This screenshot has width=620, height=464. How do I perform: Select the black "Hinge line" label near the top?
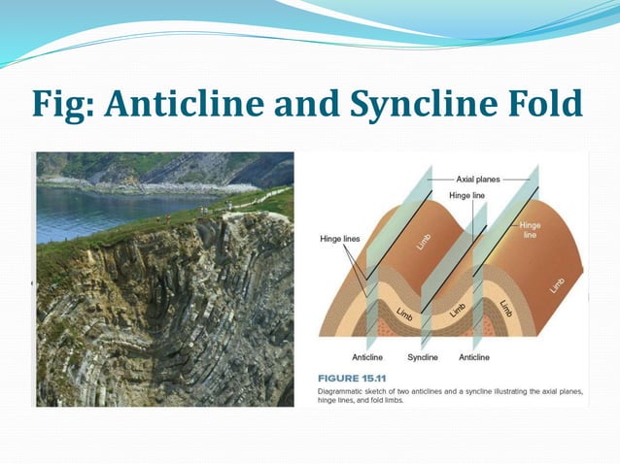pyautogui.click(x=469, y=195)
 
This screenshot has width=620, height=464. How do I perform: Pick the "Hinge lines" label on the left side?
pyautogui.click(x=340, y=238)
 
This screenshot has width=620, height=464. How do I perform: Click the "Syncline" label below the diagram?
pyautogui.click(x=422, y=357)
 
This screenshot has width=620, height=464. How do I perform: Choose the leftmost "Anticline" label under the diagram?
pyautogui.click(x=367, y=357)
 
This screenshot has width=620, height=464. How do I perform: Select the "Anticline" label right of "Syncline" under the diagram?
pyautogui.click(x=473, y=357)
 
